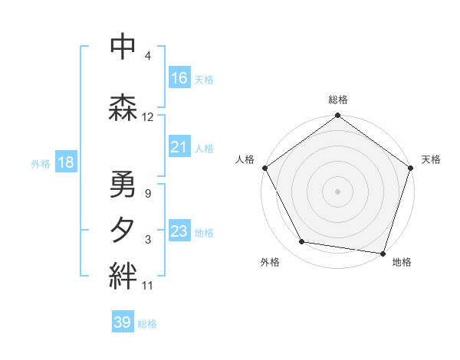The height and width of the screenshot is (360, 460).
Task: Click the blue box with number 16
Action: click(x=179, y=78)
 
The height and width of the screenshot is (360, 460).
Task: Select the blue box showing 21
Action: click(x=179, y=147)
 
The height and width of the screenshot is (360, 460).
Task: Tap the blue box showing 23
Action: click(x=179, y=231)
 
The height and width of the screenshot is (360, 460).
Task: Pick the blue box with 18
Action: click(x=65, y=162)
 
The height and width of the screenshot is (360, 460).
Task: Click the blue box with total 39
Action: click(x=123, y=322)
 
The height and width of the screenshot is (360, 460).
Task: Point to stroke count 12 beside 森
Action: click(x=148, y=117)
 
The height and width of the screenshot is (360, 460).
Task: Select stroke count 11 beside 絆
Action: click(x=148, y=286)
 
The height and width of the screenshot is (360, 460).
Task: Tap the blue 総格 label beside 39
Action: click(x=147, y=324)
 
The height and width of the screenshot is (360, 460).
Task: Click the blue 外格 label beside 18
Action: click(x=41, y=163)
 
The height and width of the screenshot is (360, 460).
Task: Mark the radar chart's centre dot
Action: click(x=337, y=191)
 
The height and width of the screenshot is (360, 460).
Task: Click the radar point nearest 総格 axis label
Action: click(x=337, y=116)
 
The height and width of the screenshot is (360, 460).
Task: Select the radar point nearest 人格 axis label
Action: click(x=264, y=168)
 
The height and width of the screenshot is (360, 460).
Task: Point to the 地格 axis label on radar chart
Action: click(x=402, y=262)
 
